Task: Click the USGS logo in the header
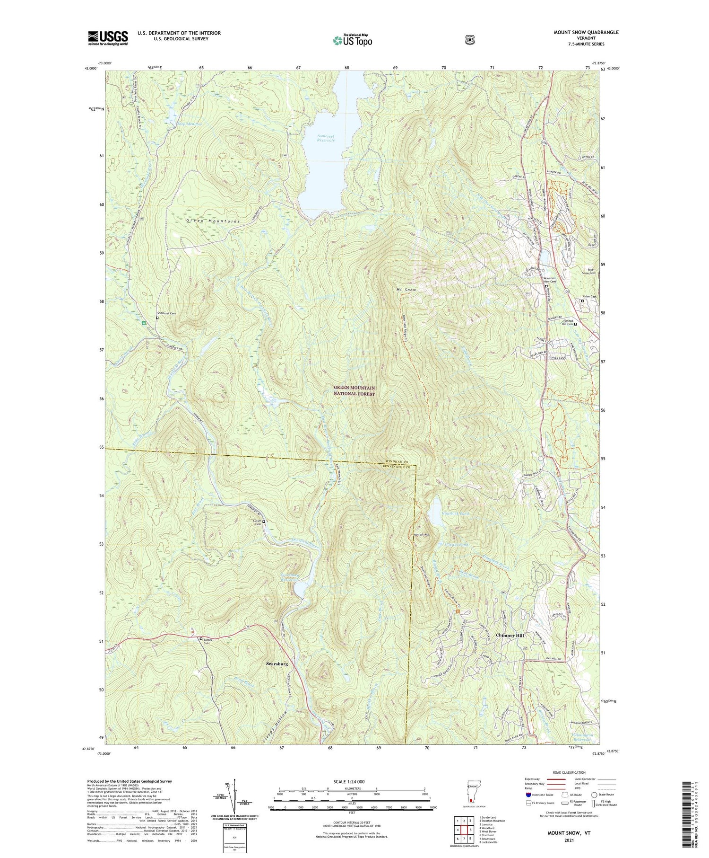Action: tap(108, 38)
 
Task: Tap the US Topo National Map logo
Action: tap(352, 40)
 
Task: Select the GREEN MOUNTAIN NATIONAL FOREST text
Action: tap(354, 391)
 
